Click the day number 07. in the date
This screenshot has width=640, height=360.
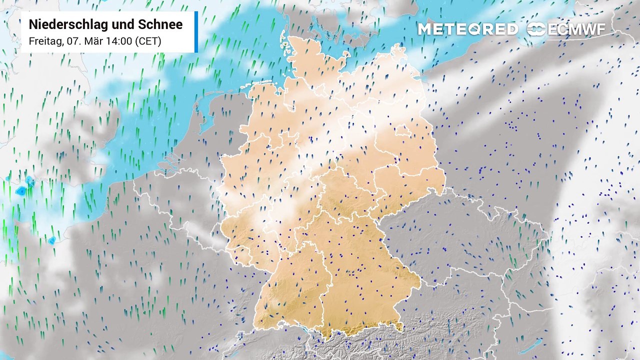click(x=74, y=41)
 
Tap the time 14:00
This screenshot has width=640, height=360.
click(x=118, y=41)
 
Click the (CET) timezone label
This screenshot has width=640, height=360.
click(x=148, y=41)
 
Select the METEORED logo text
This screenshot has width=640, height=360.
click(x=467, y=29)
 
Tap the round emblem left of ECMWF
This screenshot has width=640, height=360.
click(x=536, y=29)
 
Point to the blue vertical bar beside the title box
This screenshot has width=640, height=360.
click(x=196, y=31)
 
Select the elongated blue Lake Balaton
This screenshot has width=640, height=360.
click(x=530, y=345)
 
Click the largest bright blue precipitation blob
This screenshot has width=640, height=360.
click(x=21, y=190)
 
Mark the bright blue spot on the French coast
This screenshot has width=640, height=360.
click(x=52, y=240)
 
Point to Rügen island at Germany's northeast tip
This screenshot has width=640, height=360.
click(x=398, y=50)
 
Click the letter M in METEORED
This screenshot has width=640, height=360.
click(x=424, y=29)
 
